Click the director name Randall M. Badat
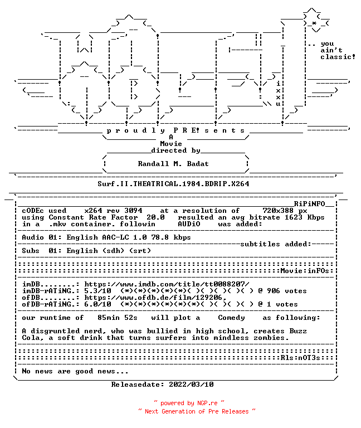(x=173, y=164)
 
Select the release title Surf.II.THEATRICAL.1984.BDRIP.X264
(x=173, y=184)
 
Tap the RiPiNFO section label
(x=309, y=204)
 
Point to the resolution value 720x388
(x=278, y=211)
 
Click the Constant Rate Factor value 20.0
(x=155, y=217)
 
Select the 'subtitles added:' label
(x=275, y=244)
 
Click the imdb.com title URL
(x=167, y=284)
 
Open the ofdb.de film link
(x=155, y=298)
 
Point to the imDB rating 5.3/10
(x=97, y=291)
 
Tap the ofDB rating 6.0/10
(x=97, y=304)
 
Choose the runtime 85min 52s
(x=118, y=318)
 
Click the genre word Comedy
(x=231, y=318)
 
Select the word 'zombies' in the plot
(x=269, y=338)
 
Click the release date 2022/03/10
(x=191, y=385)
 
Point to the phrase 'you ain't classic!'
(x=338, y=51)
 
